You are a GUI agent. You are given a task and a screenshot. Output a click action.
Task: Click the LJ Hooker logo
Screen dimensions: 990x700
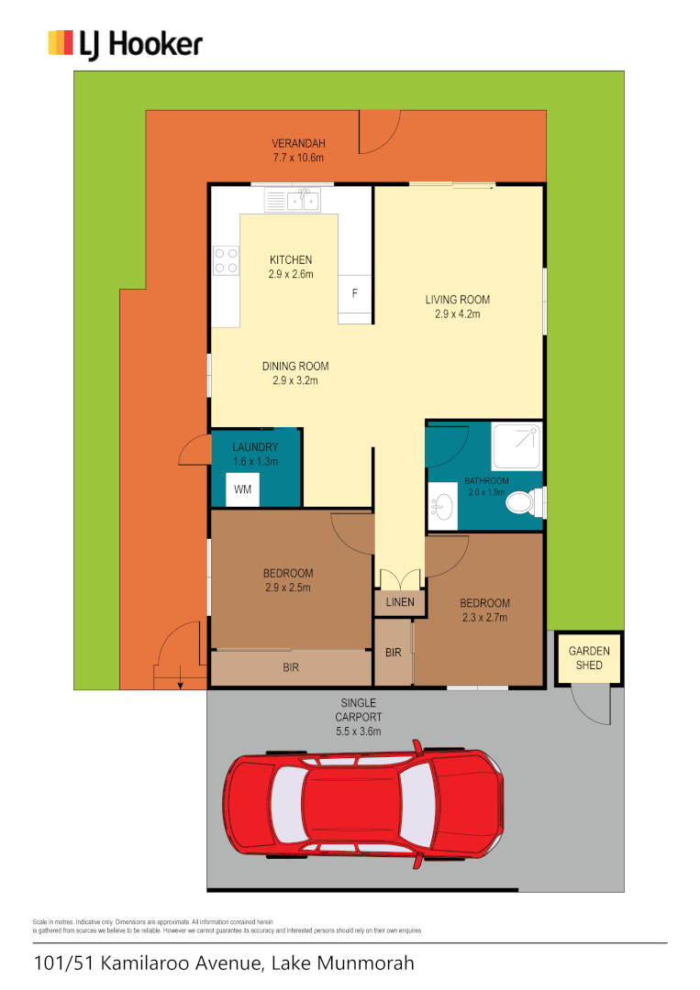125,44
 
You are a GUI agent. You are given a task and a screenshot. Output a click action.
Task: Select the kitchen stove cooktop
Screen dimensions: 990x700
226,260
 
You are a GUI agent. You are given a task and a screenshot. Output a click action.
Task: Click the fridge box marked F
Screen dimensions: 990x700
355,293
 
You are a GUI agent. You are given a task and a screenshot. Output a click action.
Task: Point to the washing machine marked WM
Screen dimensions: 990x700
242,489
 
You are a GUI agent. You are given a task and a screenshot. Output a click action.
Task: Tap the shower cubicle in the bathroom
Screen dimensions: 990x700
517,446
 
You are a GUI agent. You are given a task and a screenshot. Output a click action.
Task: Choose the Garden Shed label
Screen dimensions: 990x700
589,657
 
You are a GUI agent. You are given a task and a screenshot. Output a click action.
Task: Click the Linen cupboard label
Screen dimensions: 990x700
399,602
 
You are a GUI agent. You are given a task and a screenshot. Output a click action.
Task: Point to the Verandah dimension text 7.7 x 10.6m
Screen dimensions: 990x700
298,158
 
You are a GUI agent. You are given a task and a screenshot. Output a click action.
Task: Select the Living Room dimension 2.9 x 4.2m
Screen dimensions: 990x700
457,313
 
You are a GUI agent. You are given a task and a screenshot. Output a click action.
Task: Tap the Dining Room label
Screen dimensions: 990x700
294,366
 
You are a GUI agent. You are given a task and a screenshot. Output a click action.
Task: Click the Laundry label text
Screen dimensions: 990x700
254,447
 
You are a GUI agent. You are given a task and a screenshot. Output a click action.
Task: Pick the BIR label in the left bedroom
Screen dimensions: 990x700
291,668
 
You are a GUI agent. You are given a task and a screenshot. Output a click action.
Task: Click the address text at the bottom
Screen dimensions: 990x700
224,963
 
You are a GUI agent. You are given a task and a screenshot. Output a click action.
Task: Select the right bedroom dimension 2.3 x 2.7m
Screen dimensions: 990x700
483,617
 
